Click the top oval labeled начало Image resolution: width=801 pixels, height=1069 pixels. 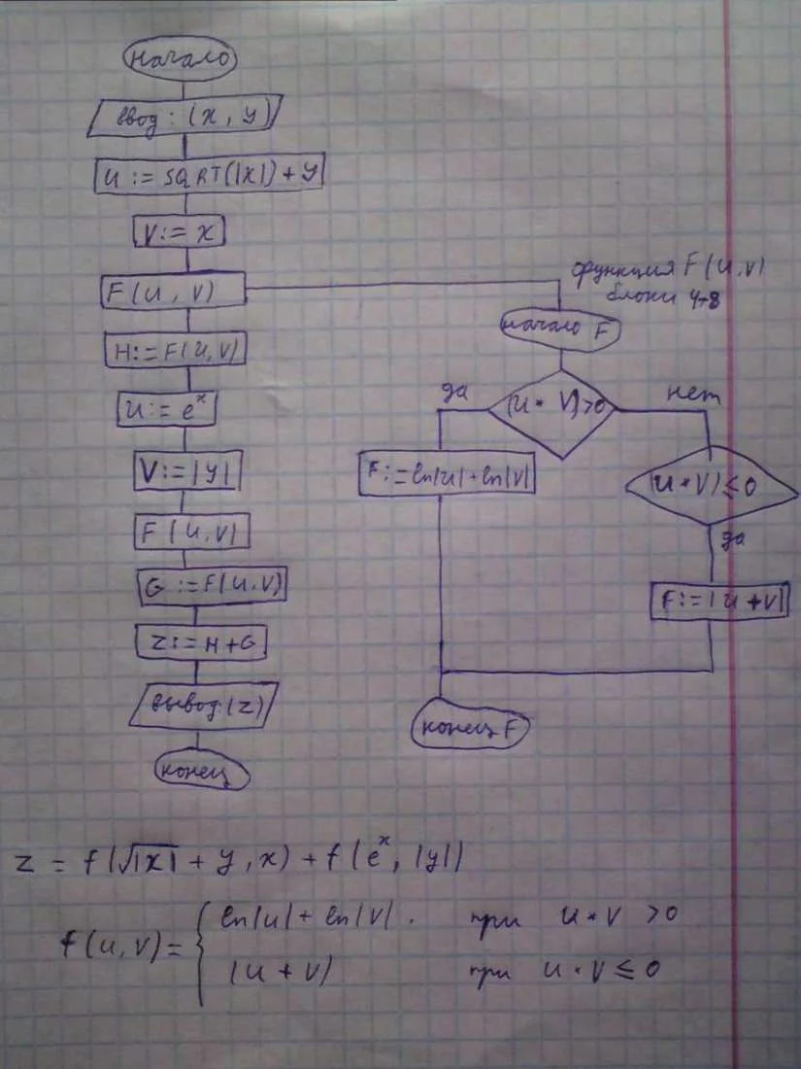click(178, 58)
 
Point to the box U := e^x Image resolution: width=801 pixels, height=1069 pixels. click(165, 407)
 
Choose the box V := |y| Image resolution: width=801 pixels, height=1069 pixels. click(186, 472)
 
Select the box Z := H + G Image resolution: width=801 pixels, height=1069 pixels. click(201, 642)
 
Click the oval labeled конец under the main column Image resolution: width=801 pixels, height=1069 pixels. click(201, 773)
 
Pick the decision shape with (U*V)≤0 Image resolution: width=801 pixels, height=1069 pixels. click(712, 483)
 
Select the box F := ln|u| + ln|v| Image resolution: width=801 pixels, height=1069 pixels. click(448, 472)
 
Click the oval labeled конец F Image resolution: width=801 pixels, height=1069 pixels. click(470, 726)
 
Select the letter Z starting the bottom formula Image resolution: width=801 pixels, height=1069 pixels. click(30, 863)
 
